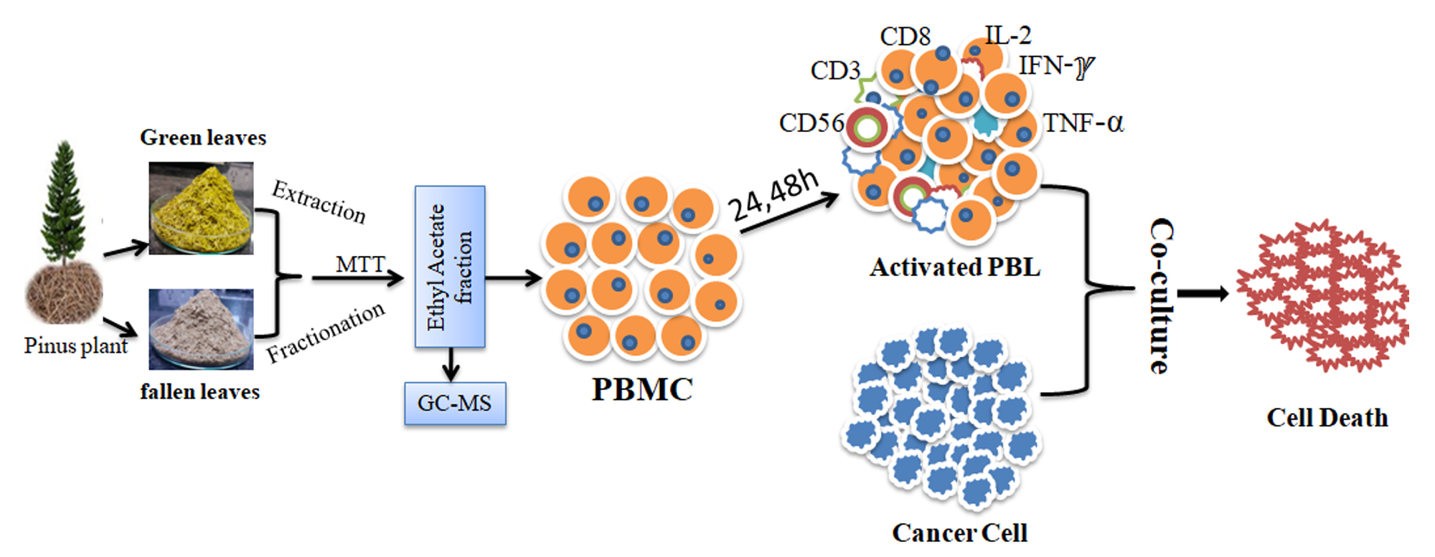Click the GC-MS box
coord(455,404)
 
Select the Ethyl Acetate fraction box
coord(450,267)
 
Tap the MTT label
coord(360,265)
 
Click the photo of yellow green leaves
coord(201,208)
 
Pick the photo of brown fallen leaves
coord(201,329)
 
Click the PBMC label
coord(642,389)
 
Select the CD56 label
coord(811,123)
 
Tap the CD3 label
coord(835,70)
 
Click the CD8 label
coord(905,37)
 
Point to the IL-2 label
coord(1007,35)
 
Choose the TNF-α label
coord(1083,123)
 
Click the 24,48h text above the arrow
coord(773,196)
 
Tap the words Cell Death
coord(1327,418)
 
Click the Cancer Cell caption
coord(959,533)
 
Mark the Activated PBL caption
coord(954,267)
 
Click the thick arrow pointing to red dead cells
coord(1203,293)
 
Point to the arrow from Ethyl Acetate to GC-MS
coord(451,364)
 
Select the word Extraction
coord(319,201)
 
